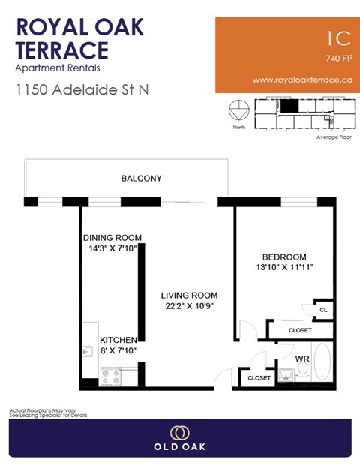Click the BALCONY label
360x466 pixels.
(142, 179)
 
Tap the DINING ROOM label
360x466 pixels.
(112, 238)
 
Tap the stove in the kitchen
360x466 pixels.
(111, 376)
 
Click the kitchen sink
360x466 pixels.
(88, 350)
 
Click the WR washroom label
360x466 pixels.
(301, 359)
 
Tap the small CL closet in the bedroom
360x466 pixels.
(323, 309)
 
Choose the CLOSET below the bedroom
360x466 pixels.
(299, 329)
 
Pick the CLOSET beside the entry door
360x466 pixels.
(259, 378)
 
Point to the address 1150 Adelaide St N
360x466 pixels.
(82, 90)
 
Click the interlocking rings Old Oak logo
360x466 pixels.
(179, 433)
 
